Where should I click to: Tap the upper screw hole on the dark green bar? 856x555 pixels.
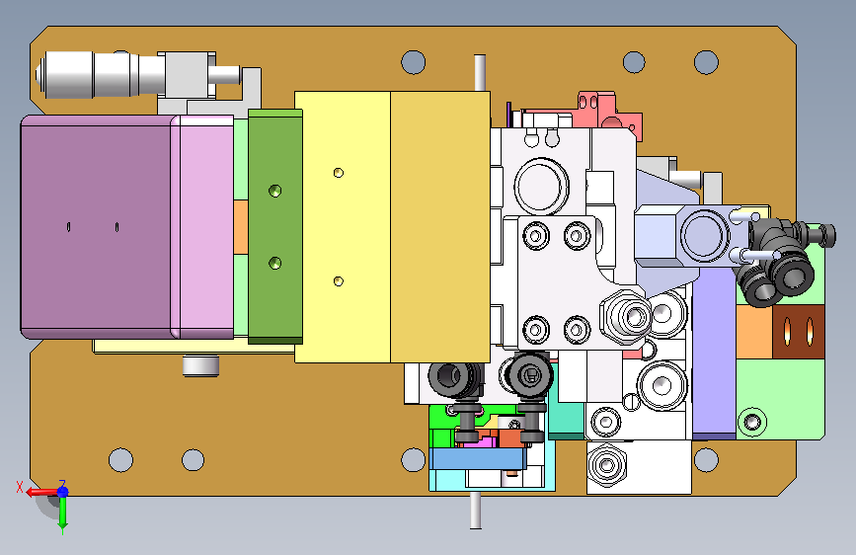(275, 191)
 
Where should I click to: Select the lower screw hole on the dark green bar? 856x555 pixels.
(275, 264)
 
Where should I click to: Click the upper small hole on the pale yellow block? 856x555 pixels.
(339, 173)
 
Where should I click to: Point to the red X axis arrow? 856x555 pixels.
(40, 492)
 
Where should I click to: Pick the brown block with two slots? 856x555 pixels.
(799, 332)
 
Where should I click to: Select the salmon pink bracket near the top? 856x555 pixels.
(610, 112)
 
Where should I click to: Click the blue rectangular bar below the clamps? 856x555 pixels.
(478, 459)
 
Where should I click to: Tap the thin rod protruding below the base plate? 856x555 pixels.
(476, 511)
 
